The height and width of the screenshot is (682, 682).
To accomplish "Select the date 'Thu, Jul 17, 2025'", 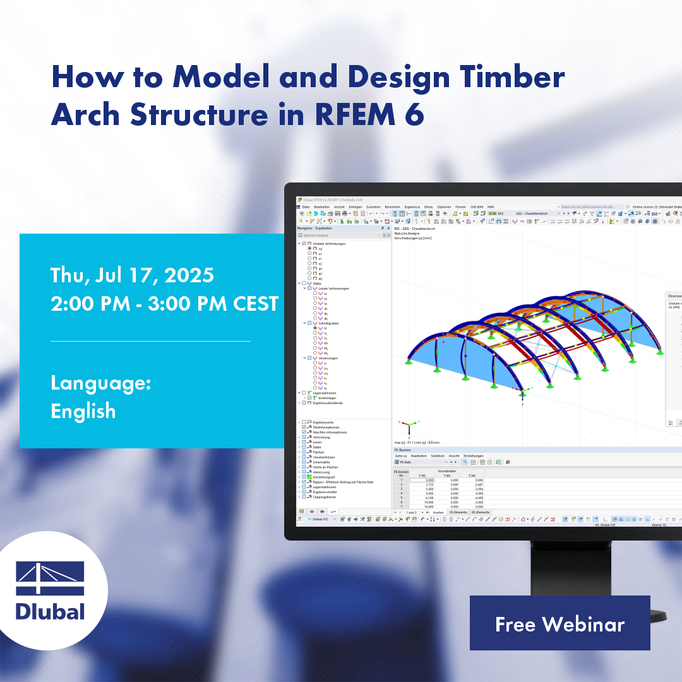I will [132, 275].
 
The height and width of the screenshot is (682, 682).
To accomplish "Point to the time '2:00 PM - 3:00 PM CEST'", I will [164, 304].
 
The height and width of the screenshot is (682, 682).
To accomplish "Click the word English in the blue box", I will [83, 411].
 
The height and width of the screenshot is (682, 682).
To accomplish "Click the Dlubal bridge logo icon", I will [49, 578].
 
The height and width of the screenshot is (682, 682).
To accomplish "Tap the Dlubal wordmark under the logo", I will [50, 611].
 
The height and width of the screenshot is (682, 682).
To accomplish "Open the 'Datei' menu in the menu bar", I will [306, 206].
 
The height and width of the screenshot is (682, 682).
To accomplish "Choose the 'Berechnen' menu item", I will [392, 206].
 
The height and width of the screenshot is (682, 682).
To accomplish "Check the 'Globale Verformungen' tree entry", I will [329, 243].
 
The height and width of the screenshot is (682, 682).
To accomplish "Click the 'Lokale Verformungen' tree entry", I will [333, 289].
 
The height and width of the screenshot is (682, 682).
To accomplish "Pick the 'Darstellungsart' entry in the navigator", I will [324, 477].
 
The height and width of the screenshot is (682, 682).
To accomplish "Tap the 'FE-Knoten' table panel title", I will [402, 450].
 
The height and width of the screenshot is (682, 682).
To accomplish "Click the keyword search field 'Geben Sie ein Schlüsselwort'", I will [587, 206].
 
